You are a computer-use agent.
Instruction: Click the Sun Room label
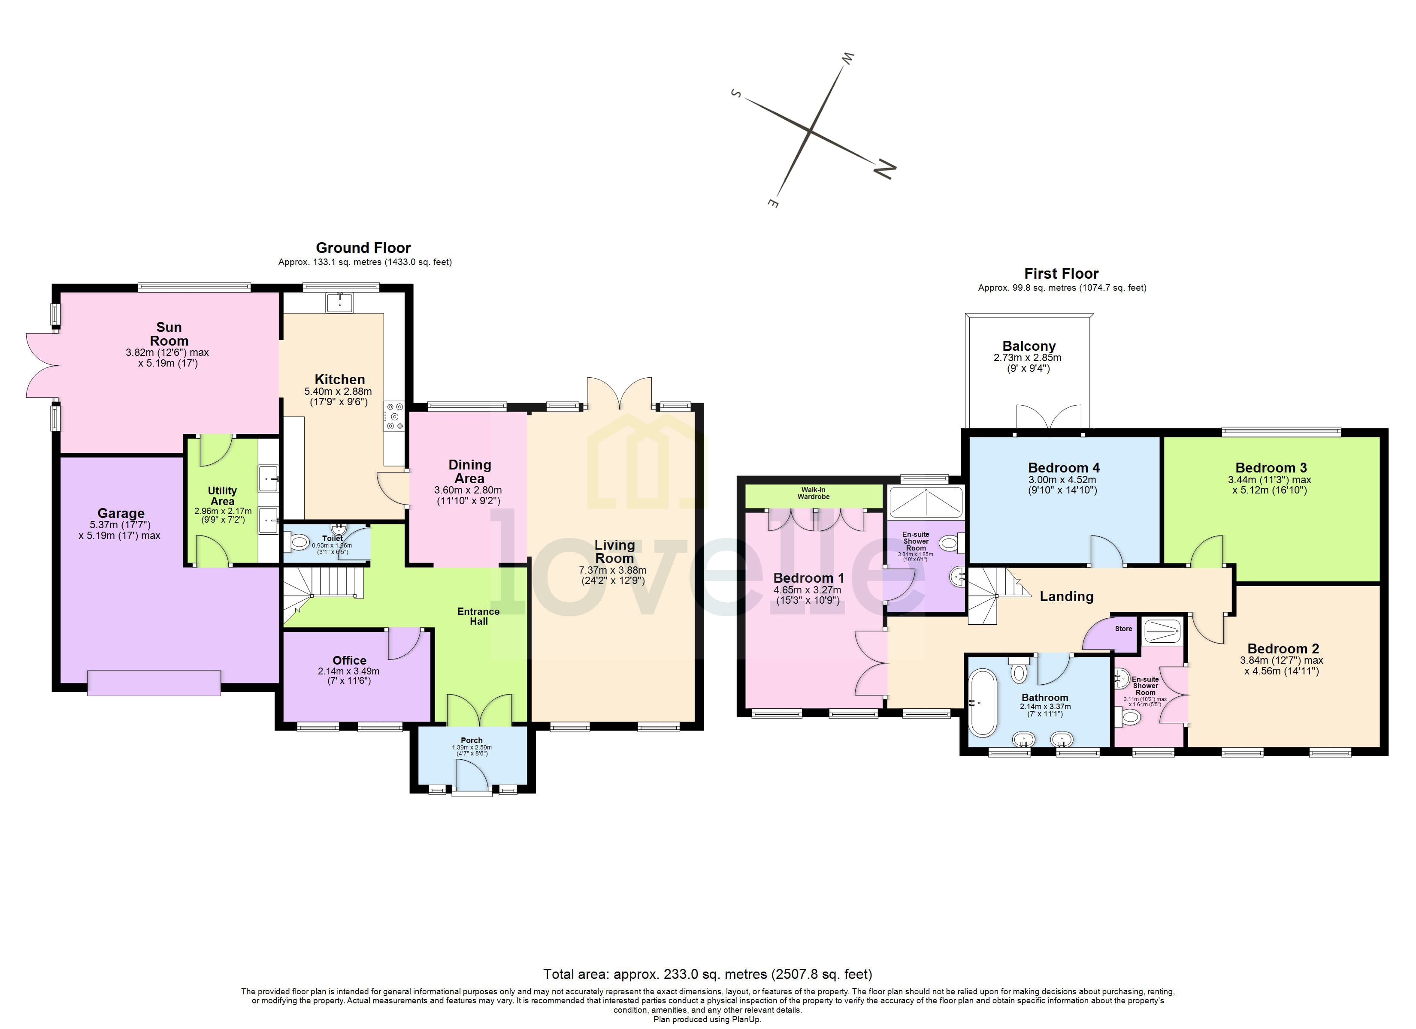click(169, 334)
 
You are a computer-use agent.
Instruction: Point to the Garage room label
click(121, 513)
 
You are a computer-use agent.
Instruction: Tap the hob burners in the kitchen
click(395, 416)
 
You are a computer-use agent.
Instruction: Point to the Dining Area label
click(469, 471)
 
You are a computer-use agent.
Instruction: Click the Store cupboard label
click(1123, 629)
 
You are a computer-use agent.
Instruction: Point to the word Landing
click(1066, 596)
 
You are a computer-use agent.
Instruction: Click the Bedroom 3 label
click(1271, 467)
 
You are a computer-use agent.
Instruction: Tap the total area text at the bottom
click(708, 974)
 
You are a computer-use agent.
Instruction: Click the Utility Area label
click(222, 496)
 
